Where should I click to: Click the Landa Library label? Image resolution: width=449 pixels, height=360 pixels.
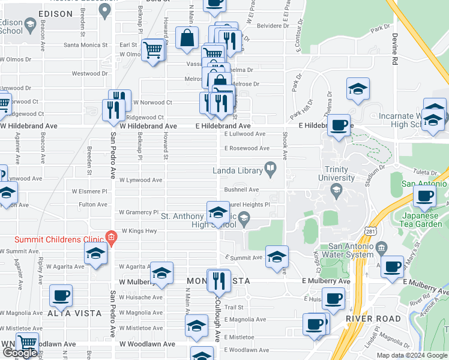[x=238, y=171]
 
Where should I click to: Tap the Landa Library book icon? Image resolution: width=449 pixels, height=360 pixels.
[x=271, y=170]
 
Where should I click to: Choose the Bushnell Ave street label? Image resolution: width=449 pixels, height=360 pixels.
[x=241, y=190]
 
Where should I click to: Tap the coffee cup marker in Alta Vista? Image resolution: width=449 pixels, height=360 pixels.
[x=61, y=295]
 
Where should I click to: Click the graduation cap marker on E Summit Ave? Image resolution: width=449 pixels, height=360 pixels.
[x=276, y=256]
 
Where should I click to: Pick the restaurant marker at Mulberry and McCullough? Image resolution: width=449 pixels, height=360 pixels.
[x=218, y=280]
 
